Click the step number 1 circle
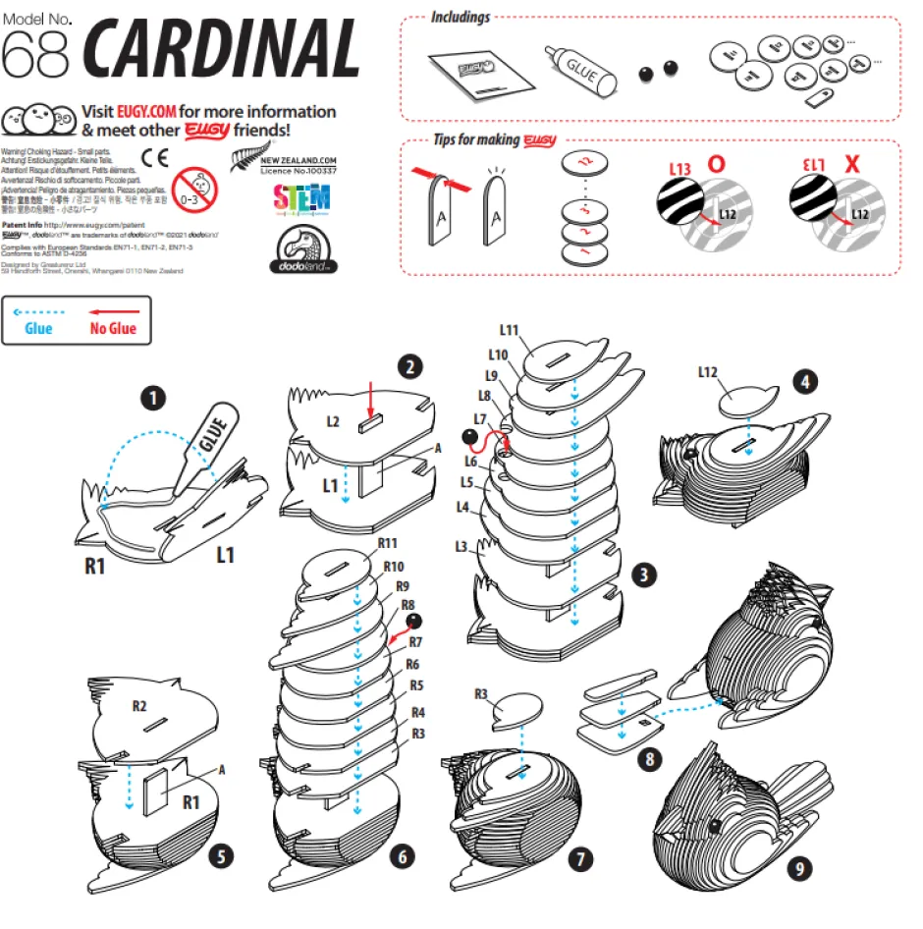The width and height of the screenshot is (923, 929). click(151, 398)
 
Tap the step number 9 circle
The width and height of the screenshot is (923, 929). click(801, 868)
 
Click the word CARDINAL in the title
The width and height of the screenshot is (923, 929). click(223, 49)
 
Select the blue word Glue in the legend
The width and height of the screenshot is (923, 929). click(38, 329)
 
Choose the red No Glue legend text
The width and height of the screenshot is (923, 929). click(114, 329)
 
